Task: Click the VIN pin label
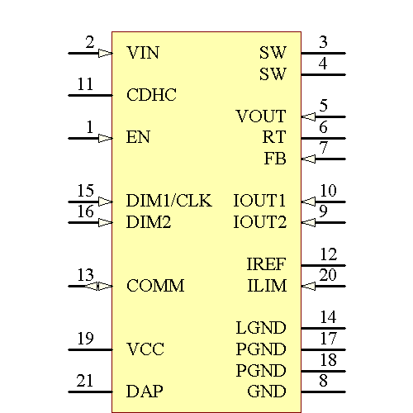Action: coord(143,53)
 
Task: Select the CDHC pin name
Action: coord(151,95)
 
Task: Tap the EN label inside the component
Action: coord(138,137)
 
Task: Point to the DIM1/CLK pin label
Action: coord(169,201)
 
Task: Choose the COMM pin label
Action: coord(155,286)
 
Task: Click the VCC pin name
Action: coord(145,349)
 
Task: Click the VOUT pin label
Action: coord(260,116)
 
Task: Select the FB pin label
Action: coord(275,159)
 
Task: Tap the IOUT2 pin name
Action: coord(259,222)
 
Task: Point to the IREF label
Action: coord(266,264)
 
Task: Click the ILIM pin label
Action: coord(267,286)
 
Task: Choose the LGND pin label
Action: coord(260,328)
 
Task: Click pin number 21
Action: coord(85,381)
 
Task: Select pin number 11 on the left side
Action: coord(85,84)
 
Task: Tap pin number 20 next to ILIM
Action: coord(328,275)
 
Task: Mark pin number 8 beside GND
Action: coord(324,381)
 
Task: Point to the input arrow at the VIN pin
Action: coord(105,53)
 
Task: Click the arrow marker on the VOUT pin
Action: coord(308,116)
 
